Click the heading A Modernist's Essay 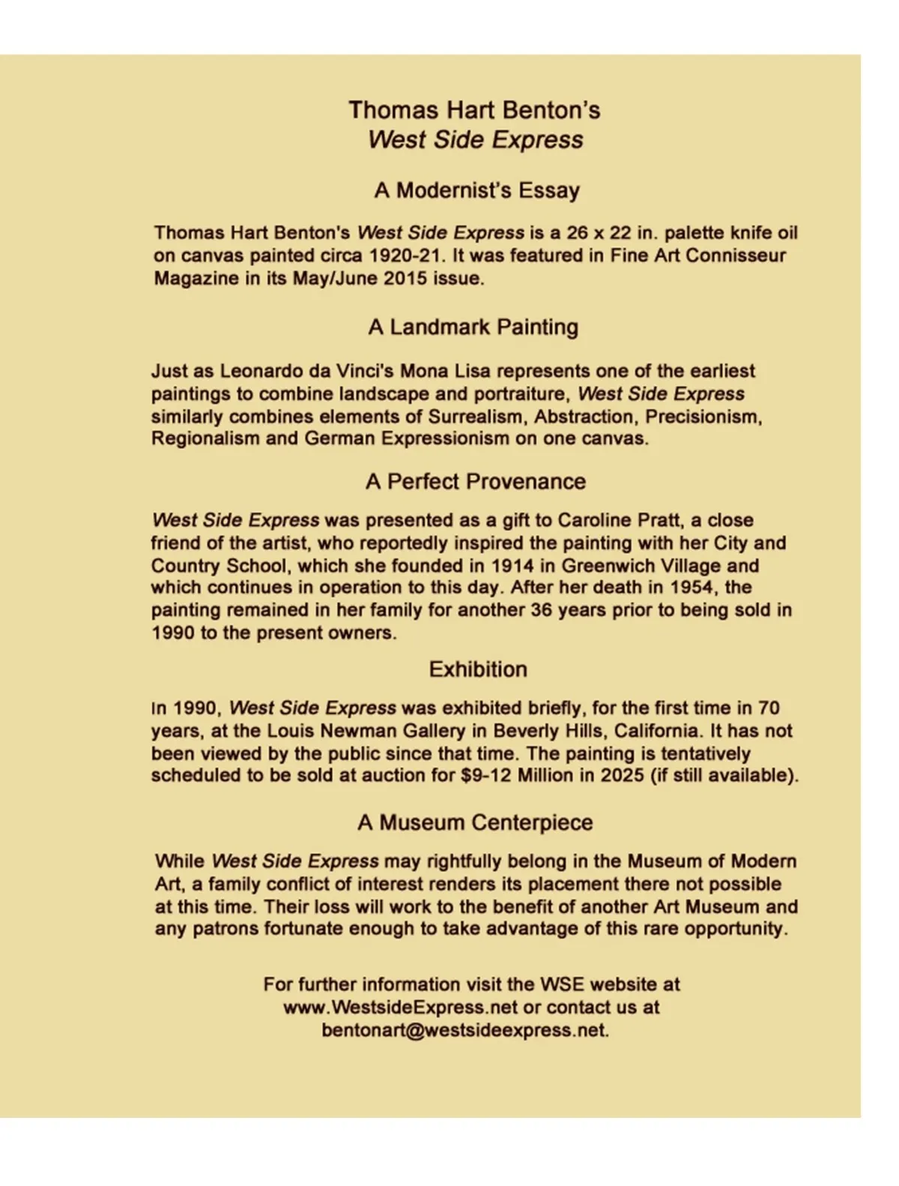point(476,190)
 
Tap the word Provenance point(524,481)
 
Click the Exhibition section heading point(478,669)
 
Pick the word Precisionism point(703,416)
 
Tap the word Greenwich point(608,565)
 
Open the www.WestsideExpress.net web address point(400,1007)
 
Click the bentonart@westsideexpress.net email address point(464,1030)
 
